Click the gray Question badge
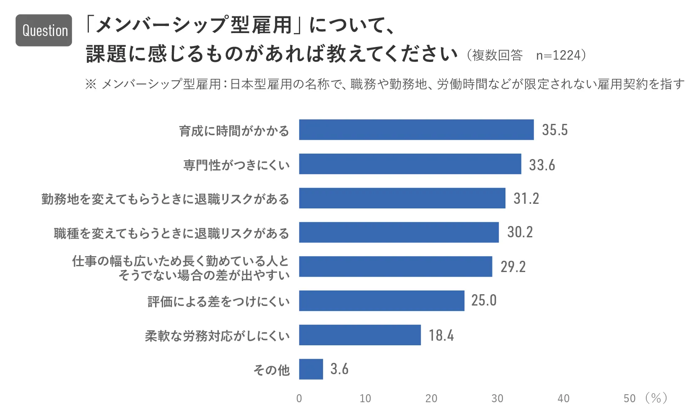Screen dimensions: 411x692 point(44,30)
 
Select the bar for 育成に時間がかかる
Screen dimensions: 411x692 point(416,130)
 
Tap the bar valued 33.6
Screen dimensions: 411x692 point(410,164)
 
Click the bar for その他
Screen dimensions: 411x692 point(311,369)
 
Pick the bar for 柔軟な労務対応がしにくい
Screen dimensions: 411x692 point(360,335)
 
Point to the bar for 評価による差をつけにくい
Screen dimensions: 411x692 point(381,301)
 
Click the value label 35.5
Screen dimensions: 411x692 point(555,130)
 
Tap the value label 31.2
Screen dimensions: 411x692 point(526,198)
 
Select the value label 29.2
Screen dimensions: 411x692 point(513,267)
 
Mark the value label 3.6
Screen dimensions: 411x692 point(339,369)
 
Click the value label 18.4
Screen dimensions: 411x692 point(441,335)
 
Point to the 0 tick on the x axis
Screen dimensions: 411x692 point(299,398)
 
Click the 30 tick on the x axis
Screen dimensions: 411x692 point(497,398)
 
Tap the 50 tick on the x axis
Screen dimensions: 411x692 point(629,398)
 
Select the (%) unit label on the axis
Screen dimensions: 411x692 point(656,398)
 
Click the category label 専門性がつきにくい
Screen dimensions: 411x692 point(236,165)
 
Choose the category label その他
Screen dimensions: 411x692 point(272,370)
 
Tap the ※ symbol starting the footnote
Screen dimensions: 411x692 point(91,84)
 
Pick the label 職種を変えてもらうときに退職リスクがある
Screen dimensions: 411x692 point(171,233)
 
